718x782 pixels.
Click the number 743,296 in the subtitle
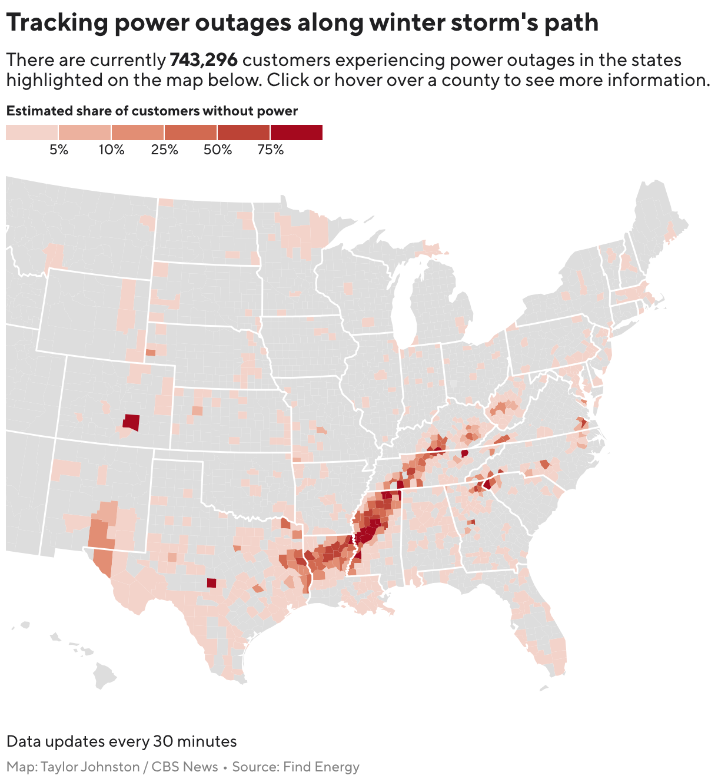(203, 60)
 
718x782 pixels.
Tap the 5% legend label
(59, 150)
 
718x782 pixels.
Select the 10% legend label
(111, 150)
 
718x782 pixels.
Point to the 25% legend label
(164, 150)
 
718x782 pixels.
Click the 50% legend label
(217, 150)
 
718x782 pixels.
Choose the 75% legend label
(270, 150)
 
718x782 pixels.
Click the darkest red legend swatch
(296, 132)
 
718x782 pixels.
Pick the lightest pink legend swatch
(32, 132)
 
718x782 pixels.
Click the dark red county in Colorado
(132, 422)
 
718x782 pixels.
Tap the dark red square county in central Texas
(212, 583)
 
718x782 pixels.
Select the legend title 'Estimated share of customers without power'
(152, 111)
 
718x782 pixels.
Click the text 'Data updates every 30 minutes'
(122, 741)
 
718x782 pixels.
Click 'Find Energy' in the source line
(321, 767)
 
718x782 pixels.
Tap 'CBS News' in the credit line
(185, 767)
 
